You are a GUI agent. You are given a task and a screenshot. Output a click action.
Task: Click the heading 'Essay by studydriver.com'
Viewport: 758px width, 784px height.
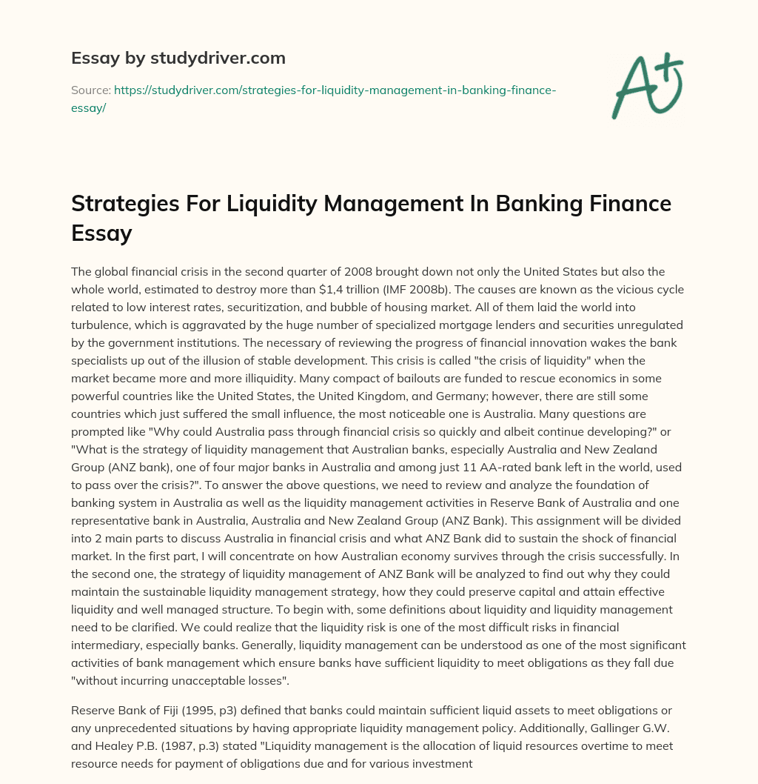(178, 57)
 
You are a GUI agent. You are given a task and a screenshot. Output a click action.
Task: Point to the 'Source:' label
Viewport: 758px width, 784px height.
(90, 90)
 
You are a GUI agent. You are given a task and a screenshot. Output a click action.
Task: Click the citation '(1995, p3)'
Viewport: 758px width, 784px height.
(207, 711)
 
